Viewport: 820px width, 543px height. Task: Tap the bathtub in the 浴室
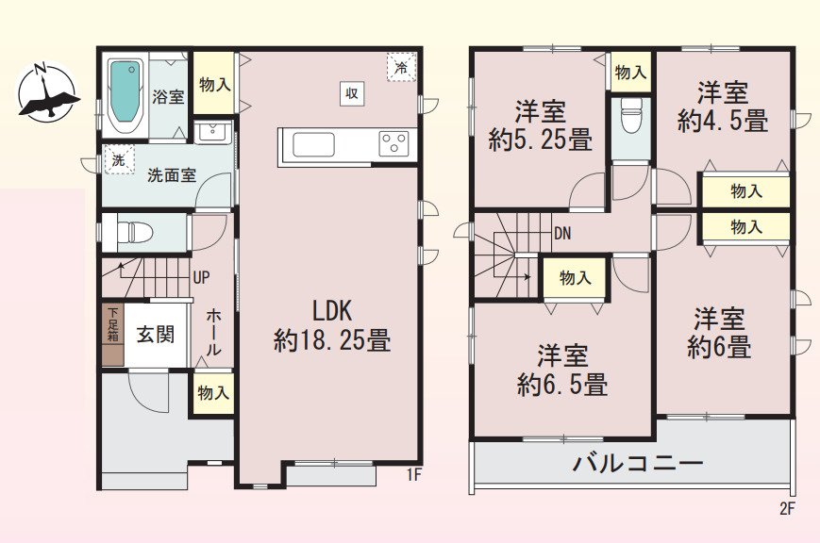(x=124, y=92)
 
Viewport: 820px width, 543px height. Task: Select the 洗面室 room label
(x=172, y=174)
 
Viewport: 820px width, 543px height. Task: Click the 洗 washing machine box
(x=118, y=160)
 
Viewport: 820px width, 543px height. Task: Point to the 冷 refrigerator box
(x=401, y=67)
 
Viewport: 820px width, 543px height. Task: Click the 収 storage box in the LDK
(x=351, y=92)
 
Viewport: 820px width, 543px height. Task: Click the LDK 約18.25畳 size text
(x=332, y=339)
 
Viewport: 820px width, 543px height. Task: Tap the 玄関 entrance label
(x=155, y=335)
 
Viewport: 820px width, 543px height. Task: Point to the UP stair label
(x=201, y=278)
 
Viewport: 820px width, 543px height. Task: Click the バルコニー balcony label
(x=638, y=464)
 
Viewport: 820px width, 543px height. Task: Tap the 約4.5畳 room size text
(x=723, y=121)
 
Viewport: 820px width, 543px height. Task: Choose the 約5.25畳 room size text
(x=540, y=140)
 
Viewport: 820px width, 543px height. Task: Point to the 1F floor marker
(x=413, y=474)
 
